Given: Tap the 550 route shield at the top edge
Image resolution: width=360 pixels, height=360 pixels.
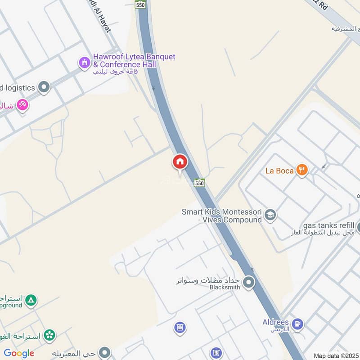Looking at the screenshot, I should click(140, 4).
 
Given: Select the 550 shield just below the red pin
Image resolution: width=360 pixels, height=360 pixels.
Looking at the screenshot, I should click(200, 183).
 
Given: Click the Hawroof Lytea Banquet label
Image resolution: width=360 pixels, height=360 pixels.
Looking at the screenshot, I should click(134, 61).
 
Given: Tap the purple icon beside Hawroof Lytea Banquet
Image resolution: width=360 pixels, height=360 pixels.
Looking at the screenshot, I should click(84, 63).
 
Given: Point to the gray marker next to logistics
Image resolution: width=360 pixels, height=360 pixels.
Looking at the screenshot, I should click(44, 87).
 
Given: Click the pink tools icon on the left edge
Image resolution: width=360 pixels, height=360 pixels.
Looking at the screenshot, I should click(22, 105).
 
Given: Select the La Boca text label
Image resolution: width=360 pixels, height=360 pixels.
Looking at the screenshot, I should click(279, 171).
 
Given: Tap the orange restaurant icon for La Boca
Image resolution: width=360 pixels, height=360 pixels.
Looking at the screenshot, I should click(302, 170).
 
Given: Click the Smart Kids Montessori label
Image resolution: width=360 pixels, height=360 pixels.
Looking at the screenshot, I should click(221, 216).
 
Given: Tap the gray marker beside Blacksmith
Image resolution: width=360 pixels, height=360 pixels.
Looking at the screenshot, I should click(248, 283).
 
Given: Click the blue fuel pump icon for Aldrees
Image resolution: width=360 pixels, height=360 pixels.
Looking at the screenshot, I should click(297, 324).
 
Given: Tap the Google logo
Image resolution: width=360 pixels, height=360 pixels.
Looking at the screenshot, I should click(19, 353).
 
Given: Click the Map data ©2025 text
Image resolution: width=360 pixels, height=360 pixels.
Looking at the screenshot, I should click(336, 355).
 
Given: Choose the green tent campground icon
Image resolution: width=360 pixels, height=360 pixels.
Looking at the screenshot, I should click(31, 300).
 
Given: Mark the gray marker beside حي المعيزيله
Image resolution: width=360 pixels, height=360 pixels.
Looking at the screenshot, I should click(105, 352).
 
